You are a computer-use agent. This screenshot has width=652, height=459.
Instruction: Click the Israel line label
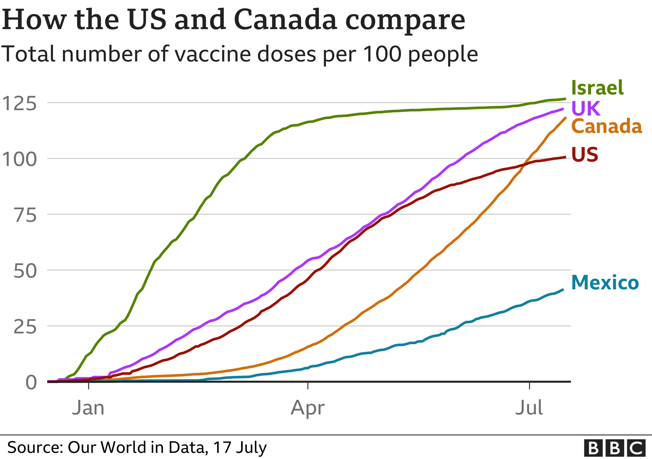597,88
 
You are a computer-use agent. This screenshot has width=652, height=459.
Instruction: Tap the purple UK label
585,108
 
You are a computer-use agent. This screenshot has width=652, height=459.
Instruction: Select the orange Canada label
606,126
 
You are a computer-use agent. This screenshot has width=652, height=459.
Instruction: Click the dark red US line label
585,155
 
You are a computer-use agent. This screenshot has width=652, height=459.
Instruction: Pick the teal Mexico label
605,283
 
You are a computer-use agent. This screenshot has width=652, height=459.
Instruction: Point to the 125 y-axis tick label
19,104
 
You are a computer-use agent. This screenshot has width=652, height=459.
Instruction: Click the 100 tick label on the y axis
19,159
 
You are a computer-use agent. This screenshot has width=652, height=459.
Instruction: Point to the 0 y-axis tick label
31,383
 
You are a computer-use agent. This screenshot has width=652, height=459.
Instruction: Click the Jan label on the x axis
88,408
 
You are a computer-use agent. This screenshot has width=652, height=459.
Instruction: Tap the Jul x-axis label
529,408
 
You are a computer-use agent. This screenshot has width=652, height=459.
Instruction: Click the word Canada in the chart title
286,20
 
